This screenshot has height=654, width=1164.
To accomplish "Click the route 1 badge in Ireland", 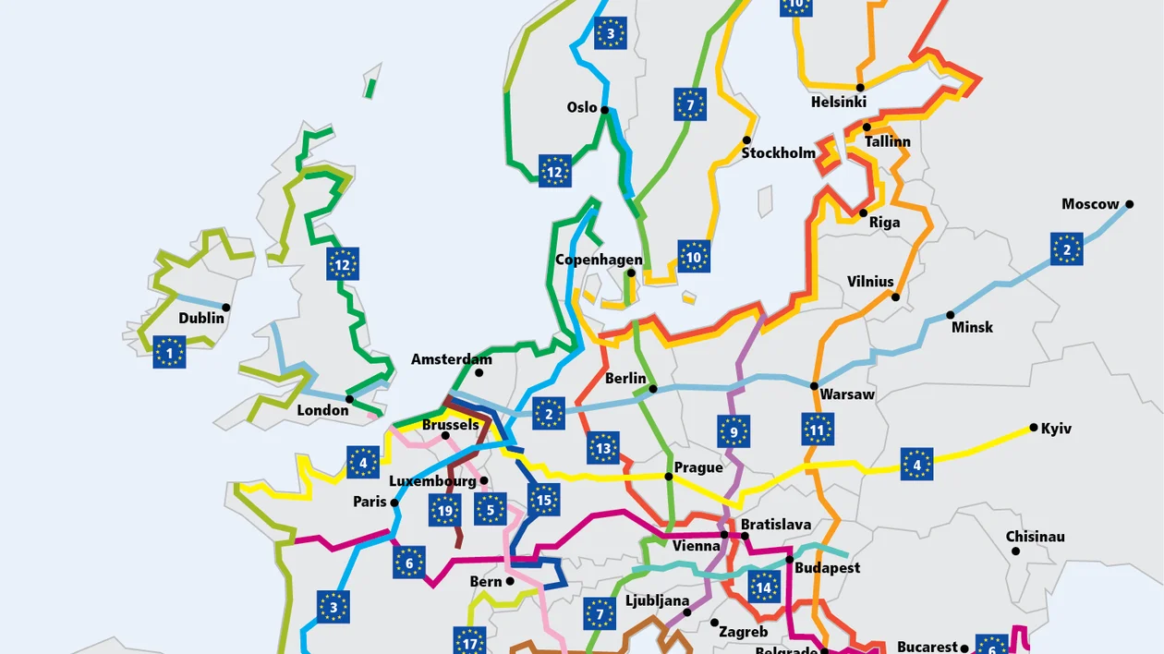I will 169,352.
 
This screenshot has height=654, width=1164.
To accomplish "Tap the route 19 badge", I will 445,509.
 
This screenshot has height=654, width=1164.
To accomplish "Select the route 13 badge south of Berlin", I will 603,448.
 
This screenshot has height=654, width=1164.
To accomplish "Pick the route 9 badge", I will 734,431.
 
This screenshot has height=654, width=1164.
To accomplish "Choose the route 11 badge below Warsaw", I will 818,429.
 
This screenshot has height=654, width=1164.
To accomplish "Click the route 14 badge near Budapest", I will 764,587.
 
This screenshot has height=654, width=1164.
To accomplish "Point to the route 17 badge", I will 469,640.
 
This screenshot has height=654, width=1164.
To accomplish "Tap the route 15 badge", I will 544,500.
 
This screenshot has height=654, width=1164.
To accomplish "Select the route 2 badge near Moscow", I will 1066,248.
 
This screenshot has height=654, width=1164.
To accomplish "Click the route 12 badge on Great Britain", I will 343,264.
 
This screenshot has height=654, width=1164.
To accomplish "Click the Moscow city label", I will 1090,204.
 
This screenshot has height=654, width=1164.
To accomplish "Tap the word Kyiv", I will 1056,429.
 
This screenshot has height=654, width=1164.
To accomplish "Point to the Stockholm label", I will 778,153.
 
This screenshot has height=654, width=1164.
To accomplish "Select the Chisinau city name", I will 1035,537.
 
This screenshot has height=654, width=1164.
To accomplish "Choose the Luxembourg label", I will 432,481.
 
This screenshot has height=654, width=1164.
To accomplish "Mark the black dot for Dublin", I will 226,308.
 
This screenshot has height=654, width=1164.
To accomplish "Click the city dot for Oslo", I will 605,110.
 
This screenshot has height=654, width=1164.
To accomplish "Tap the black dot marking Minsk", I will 951,315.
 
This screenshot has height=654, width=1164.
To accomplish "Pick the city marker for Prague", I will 669,477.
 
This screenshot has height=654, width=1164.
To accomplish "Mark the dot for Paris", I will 394,503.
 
